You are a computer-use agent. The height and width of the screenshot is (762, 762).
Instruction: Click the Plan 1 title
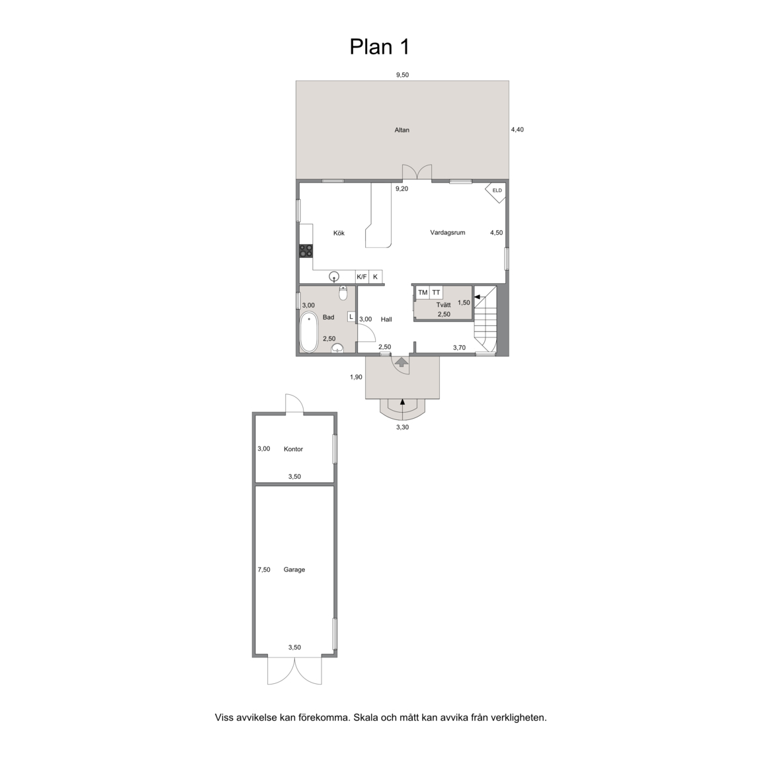[x=380, y=47]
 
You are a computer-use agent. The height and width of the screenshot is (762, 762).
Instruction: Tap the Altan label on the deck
[x=402, y=130]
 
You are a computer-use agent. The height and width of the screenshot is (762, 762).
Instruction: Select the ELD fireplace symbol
[x=496, y=190]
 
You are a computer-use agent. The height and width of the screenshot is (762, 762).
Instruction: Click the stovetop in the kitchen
[x=306, y=251]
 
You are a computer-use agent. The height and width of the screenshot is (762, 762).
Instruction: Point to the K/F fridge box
[x=362, y=277]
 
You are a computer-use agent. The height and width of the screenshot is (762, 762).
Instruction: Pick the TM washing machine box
[x=423, y=292]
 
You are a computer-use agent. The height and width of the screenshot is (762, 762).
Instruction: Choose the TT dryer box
[x=437, y=292]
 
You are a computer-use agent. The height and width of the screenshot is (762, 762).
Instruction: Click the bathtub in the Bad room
[x=309, y=333]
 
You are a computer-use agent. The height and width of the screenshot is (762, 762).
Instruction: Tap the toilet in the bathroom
[x=343, y=293]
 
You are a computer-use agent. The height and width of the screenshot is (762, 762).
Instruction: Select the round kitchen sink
[x=334, y=277]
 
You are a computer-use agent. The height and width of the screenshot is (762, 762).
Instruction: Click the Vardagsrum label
[x=448, y=233]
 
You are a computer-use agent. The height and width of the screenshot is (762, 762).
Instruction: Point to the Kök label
[x=339, y=233]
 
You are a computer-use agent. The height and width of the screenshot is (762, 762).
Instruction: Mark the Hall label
[x=386, y=319]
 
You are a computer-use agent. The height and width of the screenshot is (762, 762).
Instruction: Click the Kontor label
[x=293, y=449]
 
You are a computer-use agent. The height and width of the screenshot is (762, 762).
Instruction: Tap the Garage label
[x=294, y=570]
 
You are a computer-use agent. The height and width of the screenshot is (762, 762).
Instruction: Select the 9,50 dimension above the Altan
[x=402, y=75]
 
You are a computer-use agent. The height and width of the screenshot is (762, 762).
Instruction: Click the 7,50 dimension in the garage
[x=264, y=570]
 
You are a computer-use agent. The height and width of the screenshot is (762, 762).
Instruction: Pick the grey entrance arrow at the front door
[x=402, y=362]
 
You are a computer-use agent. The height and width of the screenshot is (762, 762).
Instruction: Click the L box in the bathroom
[x=351, y=317]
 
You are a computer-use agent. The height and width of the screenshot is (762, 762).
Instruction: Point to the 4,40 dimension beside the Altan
[x=517, y=130]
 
